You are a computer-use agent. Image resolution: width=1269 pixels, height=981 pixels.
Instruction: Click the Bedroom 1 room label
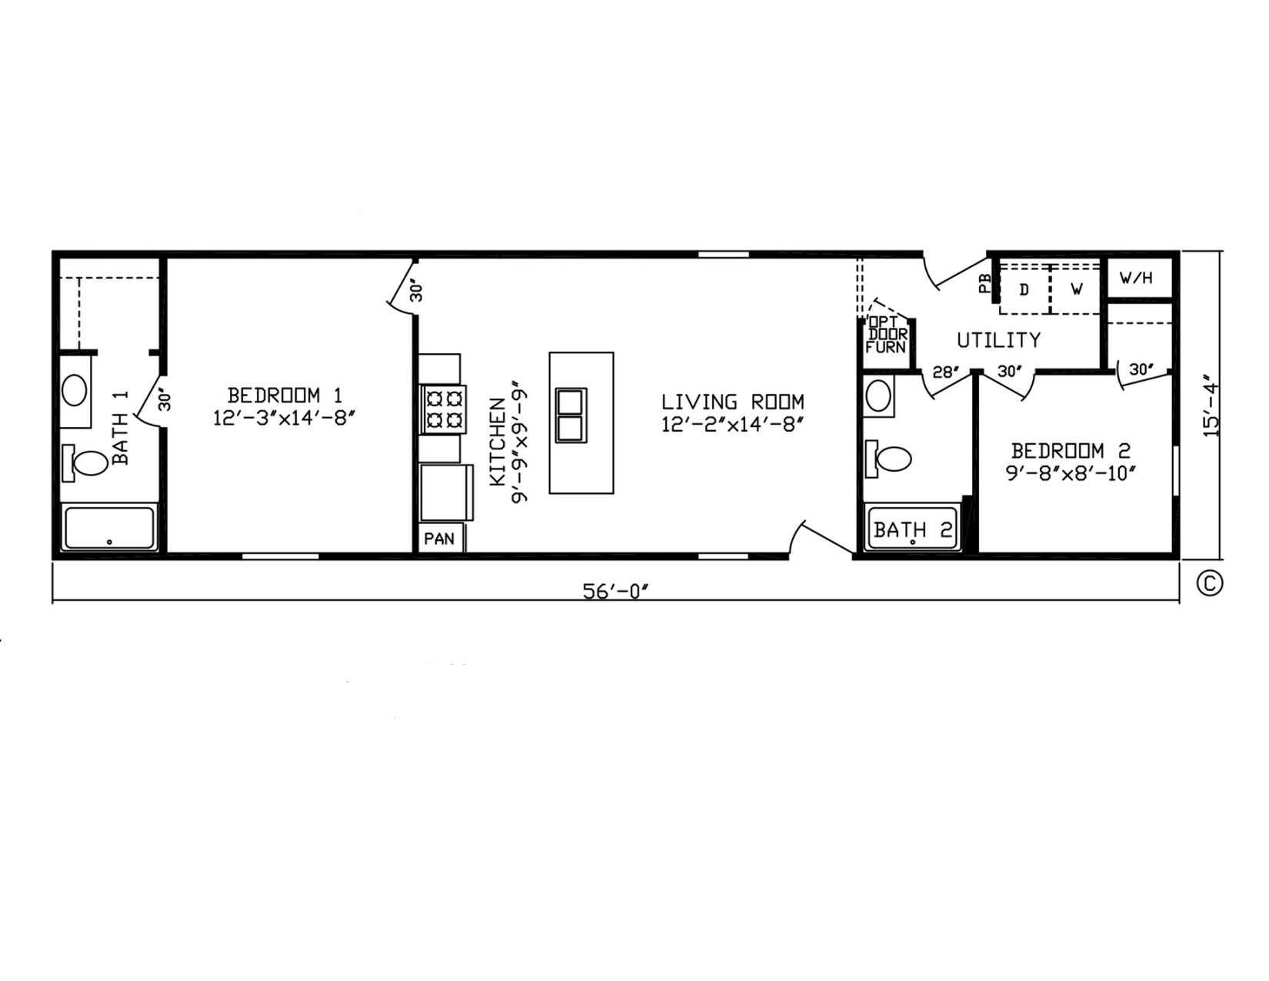tap(285, 395)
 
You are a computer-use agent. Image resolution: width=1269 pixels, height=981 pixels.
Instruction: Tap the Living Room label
tap(732, 402)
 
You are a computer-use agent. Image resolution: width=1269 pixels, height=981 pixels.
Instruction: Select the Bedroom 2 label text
tap(1071, 451)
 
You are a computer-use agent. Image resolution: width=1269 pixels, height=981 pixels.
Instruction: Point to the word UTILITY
tap(998, 340)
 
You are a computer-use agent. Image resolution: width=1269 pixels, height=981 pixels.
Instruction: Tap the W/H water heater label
tap(1136, 278)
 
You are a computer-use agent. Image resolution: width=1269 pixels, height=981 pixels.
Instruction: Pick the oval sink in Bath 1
tap(74, 390)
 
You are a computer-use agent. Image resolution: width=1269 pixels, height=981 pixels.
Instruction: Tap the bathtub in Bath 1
tap(109, 528)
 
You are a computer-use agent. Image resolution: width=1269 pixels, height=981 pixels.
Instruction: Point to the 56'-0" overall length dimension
tap(616, 592)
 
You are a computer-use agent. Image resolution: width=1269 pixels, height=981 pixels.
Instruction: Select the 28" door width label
tap(946, 372)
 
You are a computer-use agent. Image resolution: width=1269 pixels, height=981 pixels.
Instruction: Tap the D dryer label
tap(1024, 290)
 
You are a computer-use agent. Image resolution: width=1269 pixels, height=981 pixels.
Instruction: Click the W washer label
tap(1076, 289)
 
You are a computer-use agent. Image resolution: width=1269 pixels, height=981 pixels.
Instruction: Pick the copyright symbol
tap(1210, 583)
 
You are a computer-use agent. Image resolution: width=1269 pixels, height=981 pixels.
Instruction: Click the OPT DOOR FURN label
tap(887, 335)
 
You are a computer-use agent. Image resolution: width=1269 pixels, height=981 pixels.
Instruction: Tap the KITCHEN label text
tap(498, 442)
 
